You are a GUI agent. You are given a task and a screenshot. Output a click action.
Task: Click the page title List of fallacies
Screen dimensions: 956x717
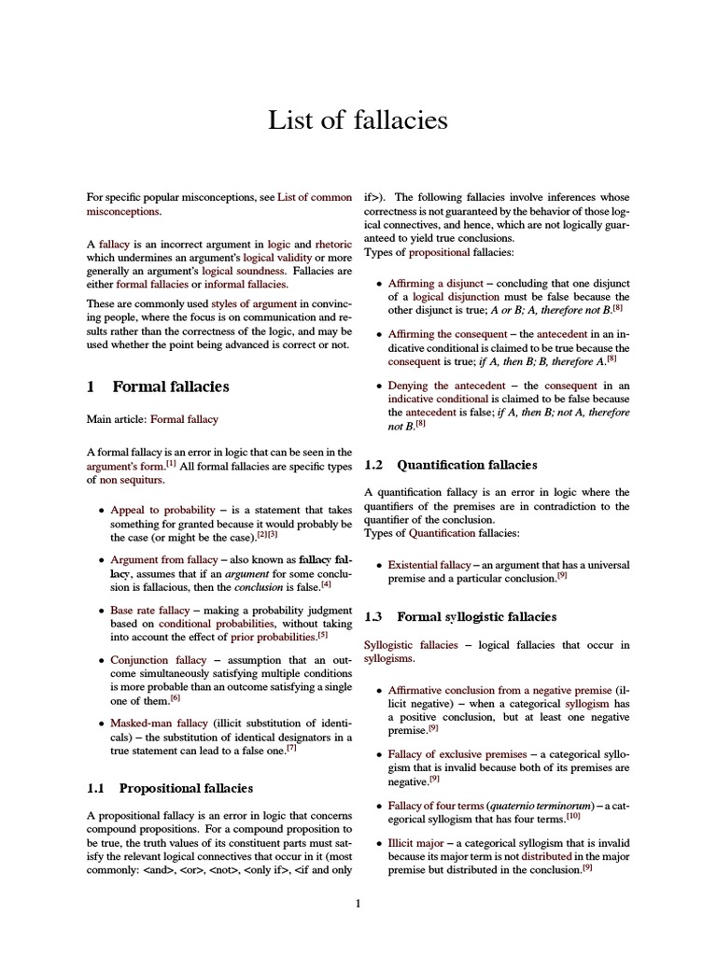click(358, 120)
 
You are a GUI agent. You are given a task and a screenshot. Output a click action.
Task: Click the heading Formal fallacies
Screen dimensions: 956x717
click(170, 387)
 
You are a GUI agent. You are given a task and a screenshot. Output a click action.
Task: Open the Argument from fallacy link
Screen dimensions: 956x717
click(163, 559)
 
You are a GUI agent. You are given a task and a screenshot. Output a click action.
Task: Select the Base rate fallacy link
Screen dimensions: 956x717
click(149, 610)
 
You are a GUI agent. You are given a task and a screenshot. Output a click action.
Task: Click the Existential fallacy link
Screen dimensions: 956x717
click(429, 565)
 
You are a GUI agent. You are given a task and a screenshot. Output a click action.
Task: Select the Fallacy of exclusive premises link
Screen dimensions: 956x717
click(457, 753)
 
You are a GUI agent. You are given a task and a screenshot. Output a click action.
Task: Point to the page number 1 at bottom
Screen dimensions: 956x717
click(358, 903)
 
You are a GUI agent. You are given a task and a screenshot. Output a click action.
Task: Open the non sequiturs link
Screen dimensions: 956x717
click(132, 480)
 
